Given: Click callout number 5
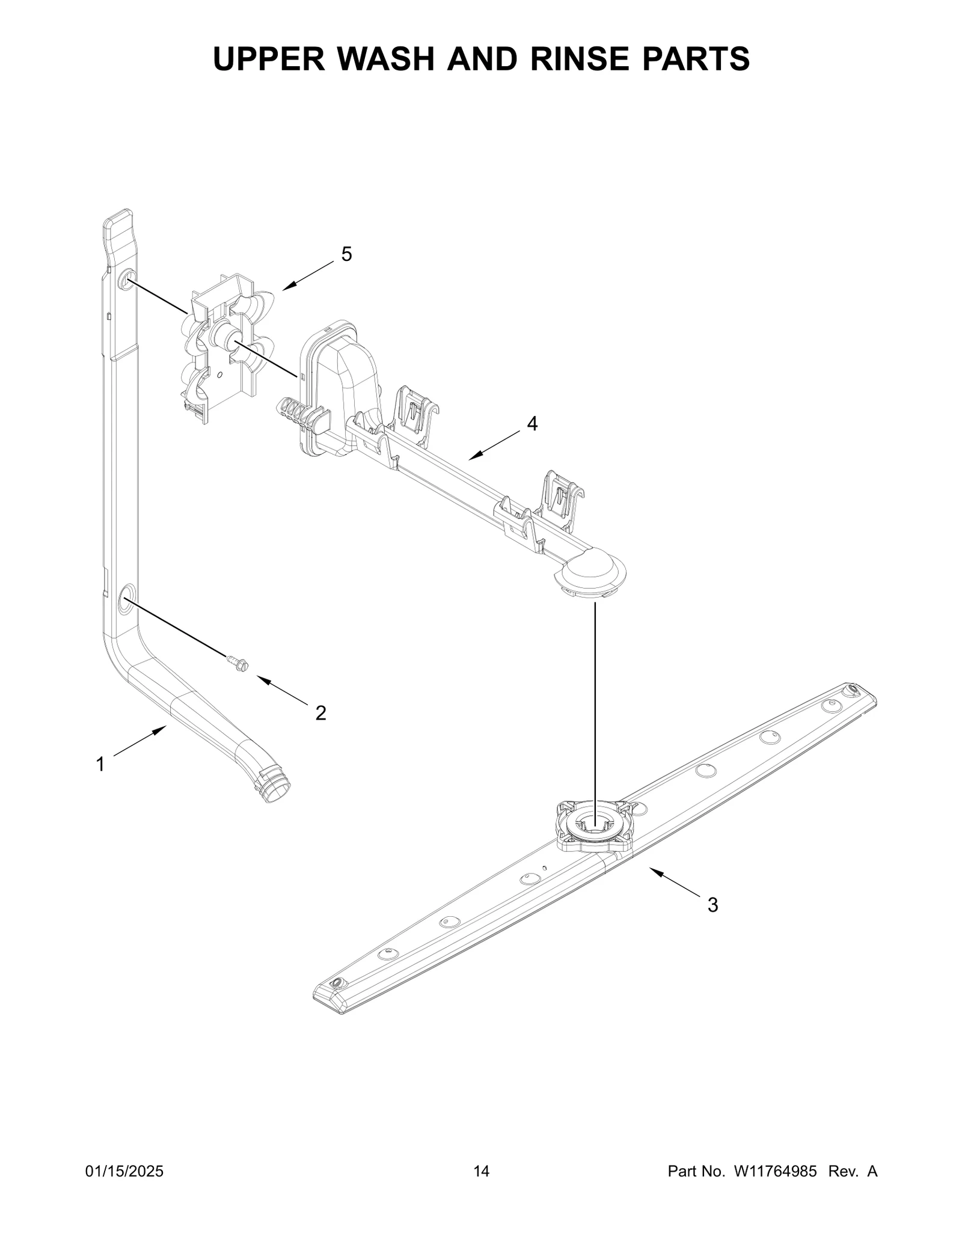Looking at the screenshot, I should click(x=346, y=254).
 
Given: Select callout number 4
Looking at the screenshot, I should click(x=532, y=424).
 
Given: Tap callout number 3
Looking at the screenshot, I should click(x=712, y=922).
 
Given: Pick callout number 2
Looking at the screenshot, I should click(x=321, y=713).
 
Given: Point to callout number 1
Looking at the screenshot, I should click(x=100, y=765).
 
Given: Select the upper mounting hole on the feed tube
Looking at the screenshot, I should click(x=126, y=280).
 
